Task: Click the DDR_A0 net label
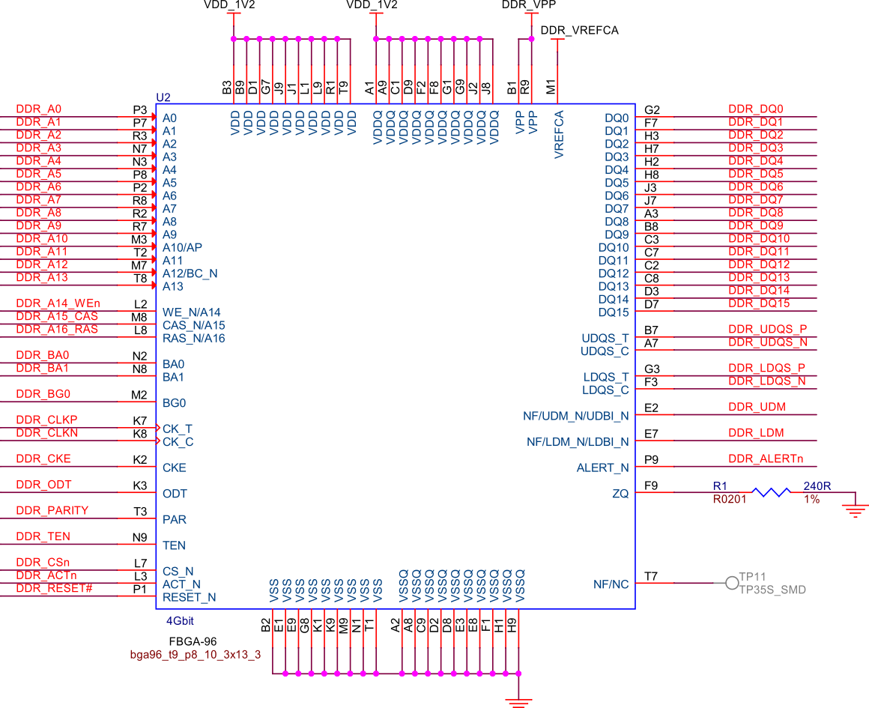pos(39,109)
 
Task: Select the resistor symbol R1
pos(771,492)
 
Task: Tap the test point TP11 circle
pos(732,583)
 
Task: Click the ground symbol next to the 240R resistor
pos(855,510)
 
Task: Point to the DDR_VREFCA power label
pos(579,31)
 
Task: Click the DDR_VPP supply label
pos(528,4)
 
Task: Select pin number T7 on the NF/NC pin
pos(651,576)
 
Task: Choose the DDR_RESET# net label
pos(54,588)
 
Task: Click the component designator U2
pos(163,97)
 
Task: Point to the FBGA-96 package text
pos(193,641)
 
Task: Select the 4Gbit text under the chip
pos(180,620)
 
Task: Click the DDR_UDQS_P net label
pos(767,329)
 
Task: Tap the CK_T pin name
pos(178,429)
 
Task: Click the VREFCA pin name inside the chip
pos(559,135)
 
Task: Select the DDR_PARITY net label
pos(52,510)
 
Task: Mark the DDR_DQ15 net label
pos(759,303)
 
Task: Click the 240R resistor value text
pos(817,486)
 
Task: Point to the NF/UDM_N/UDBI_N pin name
pos(575,416)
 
